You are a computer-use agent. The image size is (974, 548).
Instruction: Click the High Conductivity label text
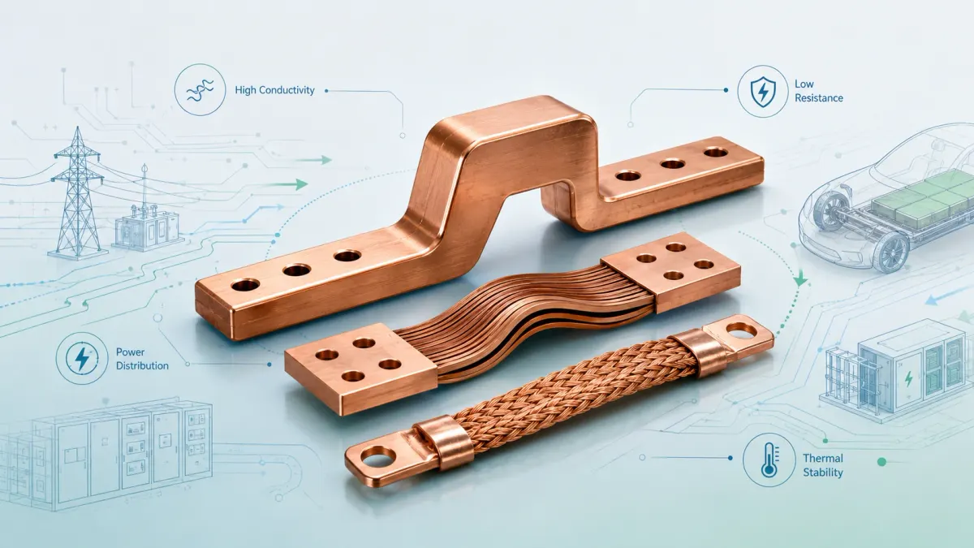tap(274, 90)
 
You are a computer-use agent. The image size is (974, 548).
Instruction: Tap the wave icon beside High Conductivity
tap(200, 90)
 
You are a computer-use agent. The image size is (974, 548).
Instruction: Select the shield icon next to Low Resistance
tap(763, 91)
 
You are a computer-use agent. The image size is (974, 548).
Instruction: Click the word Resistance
tap(819, 98)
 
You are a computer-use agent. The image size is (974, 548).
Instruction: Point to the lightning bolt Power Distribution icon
tap(82, 358)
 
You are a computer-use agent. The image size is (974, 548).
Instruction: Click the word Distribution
tap(142, 366)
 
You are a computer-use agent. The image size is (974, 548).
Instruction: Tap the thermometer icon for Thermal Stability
tap(769, 460)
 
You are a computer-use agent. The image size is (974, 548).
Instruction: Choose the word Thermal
tap(823, 458)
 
